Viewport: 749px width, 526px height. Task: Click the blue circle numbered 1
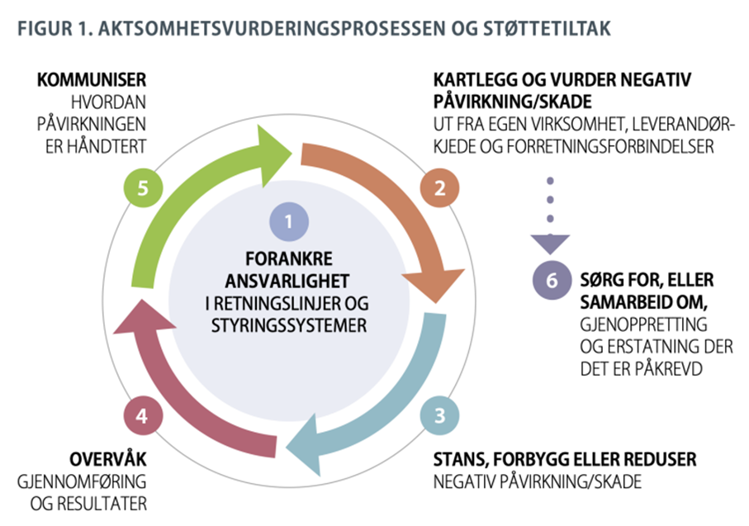pyautogui.click(x=289, y=221)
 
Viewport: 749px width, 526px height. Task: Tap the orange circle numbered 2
pyautogui.click(x=439, y=187)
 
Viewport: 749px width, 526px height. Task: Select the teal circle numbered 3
pyautogui.click(x=439, y=415)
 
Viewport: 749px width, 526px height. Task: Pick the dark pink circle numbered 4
pyautogui.click(x=143, y=415)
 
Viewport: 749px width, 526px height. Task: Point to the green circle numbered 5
pyautogui.click(x=143, y=187)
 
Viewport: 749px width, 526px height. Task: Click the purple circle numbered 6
pyautogui.click(x=552, y=281)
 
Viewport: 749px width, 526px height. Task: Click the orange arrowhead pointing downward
pyautogui.click(x=434, y=284)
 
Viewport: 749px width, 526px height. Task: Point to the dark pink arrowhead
pyautogui.click(x=144, y=318)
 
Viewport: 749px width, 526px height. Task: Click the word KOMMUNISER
pyautogui.click(x=92, y=80)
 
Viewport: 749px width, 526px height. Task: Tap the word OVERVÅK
pyautogui.click(x=108, y=459)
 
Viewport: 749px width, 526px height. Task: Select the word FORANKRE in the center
pyautogui.click(x=289, y=258)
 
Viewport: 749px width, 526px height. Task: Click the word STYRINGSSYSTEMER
pyautogui.click(x=289, y=326)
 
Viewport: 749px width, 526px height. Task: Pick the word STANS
pyautogui.click(x=460, y=460)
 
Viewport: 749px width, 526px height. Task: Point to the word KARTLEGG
pyautogui.click(x=476, y=80)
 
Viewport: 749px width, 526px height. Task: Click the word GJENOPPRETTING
pyautogui.click(x=644, y=325)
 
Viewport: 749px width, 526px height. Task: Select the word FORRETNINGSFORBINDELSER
pyautogui.click(x=610, y=146)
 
